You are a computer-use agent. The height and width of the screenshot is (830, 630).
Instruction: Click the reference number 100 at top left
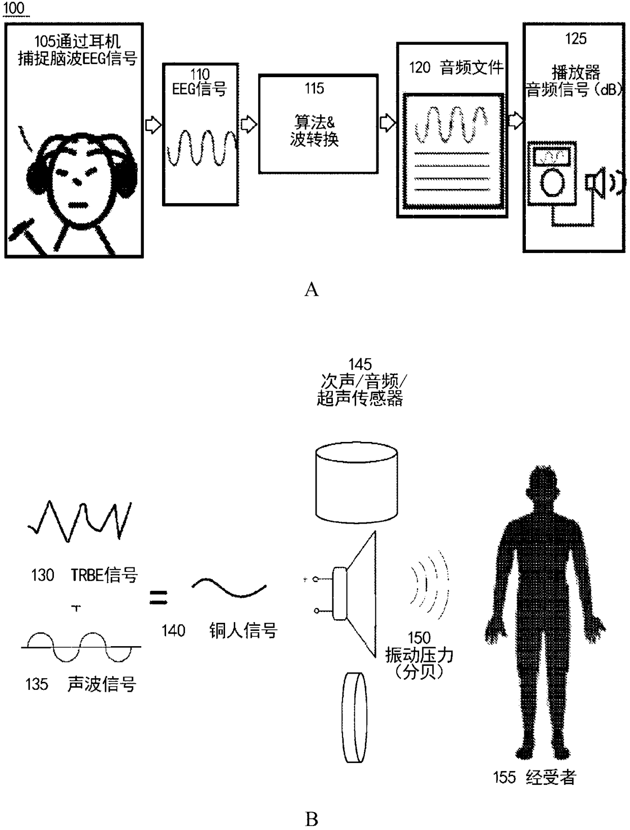pyautogui.click(x=14, y=8)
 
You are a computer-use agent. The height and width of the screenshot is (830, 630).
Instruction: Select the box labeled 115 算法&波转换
pyautogui.click(x=318, y=124)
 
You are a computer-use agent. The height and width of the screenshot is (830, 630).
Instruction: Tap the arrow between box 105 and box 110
pyautogui.click(x=153, y=125)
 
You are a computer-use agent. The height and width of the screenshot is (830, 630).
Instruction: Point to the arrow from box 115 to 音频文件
pyautogui.click(x=387, y=122)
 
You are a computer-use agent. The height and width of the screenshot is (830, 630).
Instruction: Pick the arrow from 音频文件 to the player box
pyautogui.click(x=515, y=121)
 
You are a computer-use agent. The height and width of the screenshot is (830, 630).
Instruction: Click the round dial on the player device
pyautogui.click(x=552, y=182)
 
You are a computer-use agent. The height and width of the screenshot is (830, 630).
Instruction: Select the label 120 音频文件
pyautogui.click(x=456, y=68)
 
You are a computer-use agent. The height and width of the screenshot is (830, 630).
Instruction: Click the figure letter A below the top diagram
pyautogui.click(x=311, y=290)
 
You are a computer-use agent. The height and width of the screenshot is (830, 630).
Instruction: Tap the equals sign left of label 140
pyautogui.click(x=159, y=597)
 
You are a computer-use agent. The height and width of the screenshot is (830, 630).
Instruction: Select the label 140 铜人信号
pyautogui.click(x=219, y=631)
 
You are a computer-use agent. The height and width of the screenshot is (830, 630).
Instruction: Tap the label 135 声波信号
pyautogui.click(x=81, y=684)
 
